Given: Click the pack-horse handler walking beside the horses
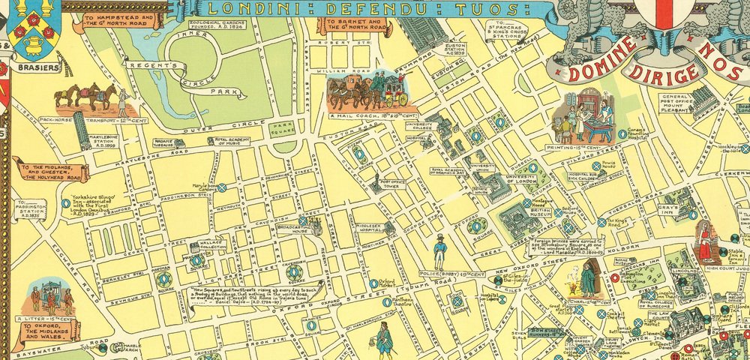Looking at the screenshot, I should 121,100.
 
